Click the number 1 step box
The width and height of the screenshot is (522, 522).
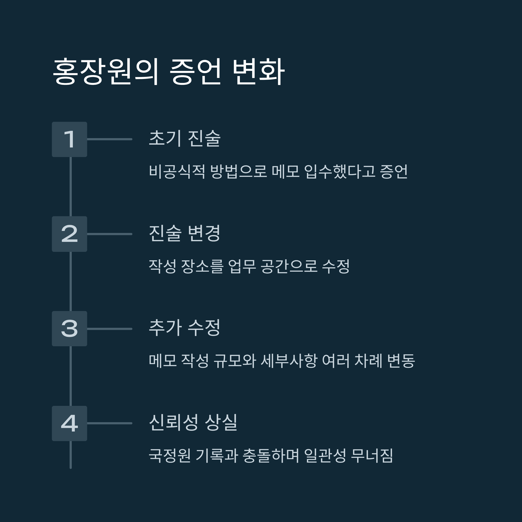coord(69,139)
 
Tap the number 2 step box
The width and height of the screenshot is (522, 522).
coord(69,234)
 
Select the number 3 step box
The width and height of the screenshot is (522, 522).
coord(69,329)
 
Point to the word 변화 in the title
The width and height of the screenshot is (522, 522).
coord(258,72)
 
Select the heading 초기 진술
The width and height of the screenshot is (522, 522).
coord(185,138)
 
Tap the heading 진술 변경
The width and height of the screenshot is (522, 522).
coord(185,233)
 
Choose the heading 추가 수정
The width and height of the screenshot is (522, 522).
coord(185,328)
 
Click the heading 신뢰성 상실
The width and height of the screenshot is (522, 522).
coord(193,422)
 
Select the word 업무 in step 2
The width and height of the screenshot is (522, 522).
coord(242,266)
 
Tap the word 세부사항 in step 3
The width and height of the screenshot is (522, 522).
coord(289,361)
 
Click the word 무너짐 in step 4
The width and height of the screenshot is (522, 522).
coord(372,455)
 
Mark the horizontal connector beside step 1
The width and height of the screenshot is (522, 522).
coord(109,139)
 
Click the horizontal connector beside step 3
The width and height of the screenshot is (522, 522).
coord(109,329)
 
